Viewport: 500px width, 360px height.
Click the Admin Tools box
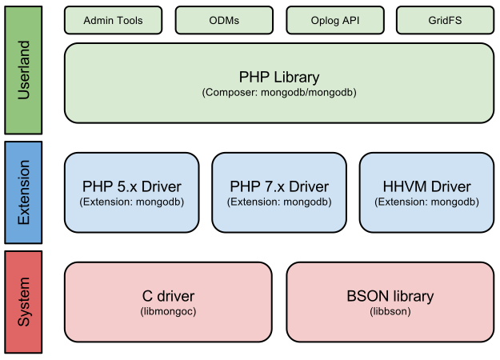click(x=113, y=20)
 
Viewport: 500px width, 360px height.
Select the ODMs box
click(x=223, y=20)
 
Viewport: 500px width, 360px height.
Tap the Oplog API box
click(x=334, y=20)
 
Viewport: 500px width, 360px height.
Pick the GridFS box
click(x=444, y=20)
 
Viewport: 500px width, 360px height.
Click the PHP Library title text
click(x=279, y=78)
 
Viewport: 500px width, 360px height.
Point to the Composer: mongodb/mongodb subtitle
click(x=279, y=93)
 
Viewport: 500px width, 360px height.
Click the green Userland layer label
click(x=23, y=69)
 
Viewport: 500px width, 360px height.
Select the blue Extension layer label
click(x=23, y=192)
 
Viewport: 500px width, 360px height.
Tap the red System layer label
click(x=23, y=302)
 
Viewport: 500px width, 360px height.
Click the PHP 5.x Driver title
click(x=131, y=186)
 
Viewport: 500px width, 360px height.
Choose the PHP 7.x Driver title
click(x=279, y=186)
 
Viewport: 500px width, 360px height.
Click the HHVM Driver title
click(x=426, y=186)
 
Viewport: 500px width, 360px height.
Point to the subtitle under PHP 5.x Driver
click(x=131, y=202)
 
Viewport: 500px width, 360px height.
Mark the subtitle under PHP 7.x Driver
click(x=279, y=202)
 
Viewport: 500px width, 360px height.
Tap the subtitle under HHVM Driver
click(x=426, y=202)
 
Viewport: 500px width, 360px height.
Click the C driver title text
click(x=168, y=296)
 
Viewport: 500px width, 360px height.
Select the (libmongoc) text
click(x=168, y=311)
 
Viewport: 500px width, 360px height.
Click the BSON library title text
click(x=390, y=296)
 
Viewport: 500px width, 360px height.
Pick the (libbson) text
click(x=390, y=311)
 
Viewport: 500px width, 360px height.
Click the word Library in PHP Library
click(x=294, y=78)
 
